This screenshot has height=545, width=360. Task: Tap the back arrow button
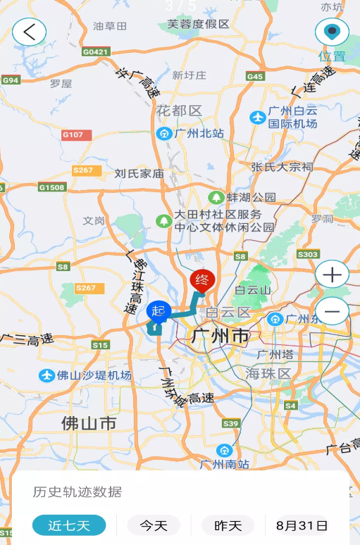(x=29, y=32)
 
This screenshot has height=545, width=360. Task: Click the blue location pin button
(x=331, y=32)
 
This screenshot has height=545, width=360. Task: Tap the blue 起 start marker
(x=159, y=311)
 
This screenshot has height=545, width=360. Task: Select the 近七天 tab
(x=69, y=525)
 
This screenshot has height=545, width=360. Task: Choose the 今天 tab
(x=154, y=525)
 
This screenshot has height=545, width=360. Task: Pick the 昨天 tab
(x=228, y=525)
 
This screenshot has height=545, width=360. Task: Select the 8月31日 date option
(x=302, y=525)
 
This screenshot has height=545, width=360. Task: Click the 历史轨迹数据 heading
(x=77, y=492)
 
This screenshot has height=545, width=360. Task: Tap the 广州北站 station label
(x=191, y=133)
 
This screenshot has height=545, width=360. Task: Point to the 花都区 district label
(x=179, y=111)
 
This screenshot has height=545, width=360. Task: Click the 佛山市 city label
(x=89, y=423)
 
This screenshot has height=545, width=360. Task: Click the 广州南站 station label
(x=224, y=463)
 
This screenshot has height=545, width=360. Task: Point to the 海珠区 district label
(x=268, y=372)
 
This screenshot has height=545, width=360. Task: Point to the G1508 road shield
(x=52, y=187)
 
